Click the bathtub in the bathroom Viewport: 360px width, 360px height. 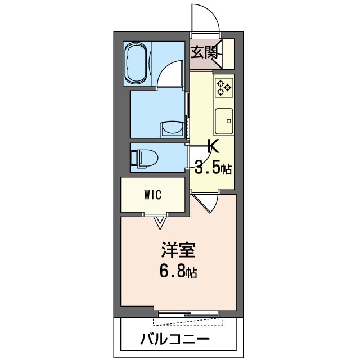(137, 63)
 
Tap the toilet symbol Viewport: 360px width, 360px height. (143, 157)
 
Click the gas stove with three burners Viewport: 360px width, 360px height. (223, 87)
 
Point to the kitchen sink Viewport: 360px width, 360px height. (224, 119)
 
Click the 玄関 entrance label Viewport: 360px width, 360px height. (204, 53)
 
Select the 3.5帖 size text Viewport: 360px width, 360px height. (213, 167)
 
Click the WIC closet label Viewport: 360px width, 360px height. (152, 195)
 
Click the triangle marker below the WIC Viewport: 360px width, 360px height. (160, 223)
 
